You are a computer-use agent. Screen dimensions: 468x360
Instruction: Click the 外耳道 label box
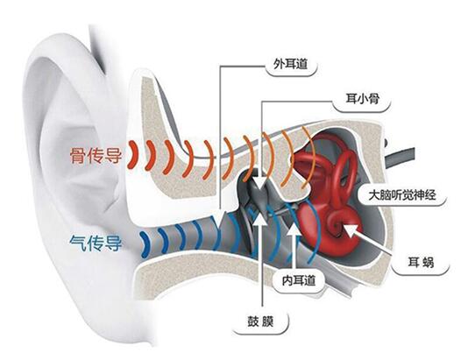coord(291,65)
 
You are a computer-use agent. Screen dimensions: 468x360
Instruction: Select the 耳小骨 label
coord(362,99)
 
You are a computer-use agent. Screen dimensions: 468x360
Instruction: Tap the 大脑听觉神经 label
coord(402,195)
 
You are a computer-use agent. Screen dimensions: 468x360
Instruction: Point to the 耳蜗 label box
coord(421,263)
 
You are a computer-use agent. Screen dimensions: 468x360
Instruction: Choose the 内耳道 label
coord(299,280)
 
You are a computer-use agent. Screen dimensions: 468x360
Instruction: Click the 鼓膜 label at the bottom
coord(260,322)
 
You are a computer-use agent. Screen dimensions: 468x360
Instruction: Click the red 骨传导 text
coord(96,155)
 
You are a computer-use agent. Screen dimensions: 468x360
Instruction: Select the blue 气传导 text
coord(96,244)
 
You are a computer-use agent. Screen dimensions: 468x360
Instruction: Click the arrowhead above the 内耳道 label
coord(294,229)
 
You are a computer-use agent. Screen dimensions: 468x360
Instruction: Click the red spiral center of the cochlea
coord(337,224)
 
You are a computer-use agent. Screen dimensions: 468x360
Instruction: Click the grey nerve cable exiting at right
coord(400,157)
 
